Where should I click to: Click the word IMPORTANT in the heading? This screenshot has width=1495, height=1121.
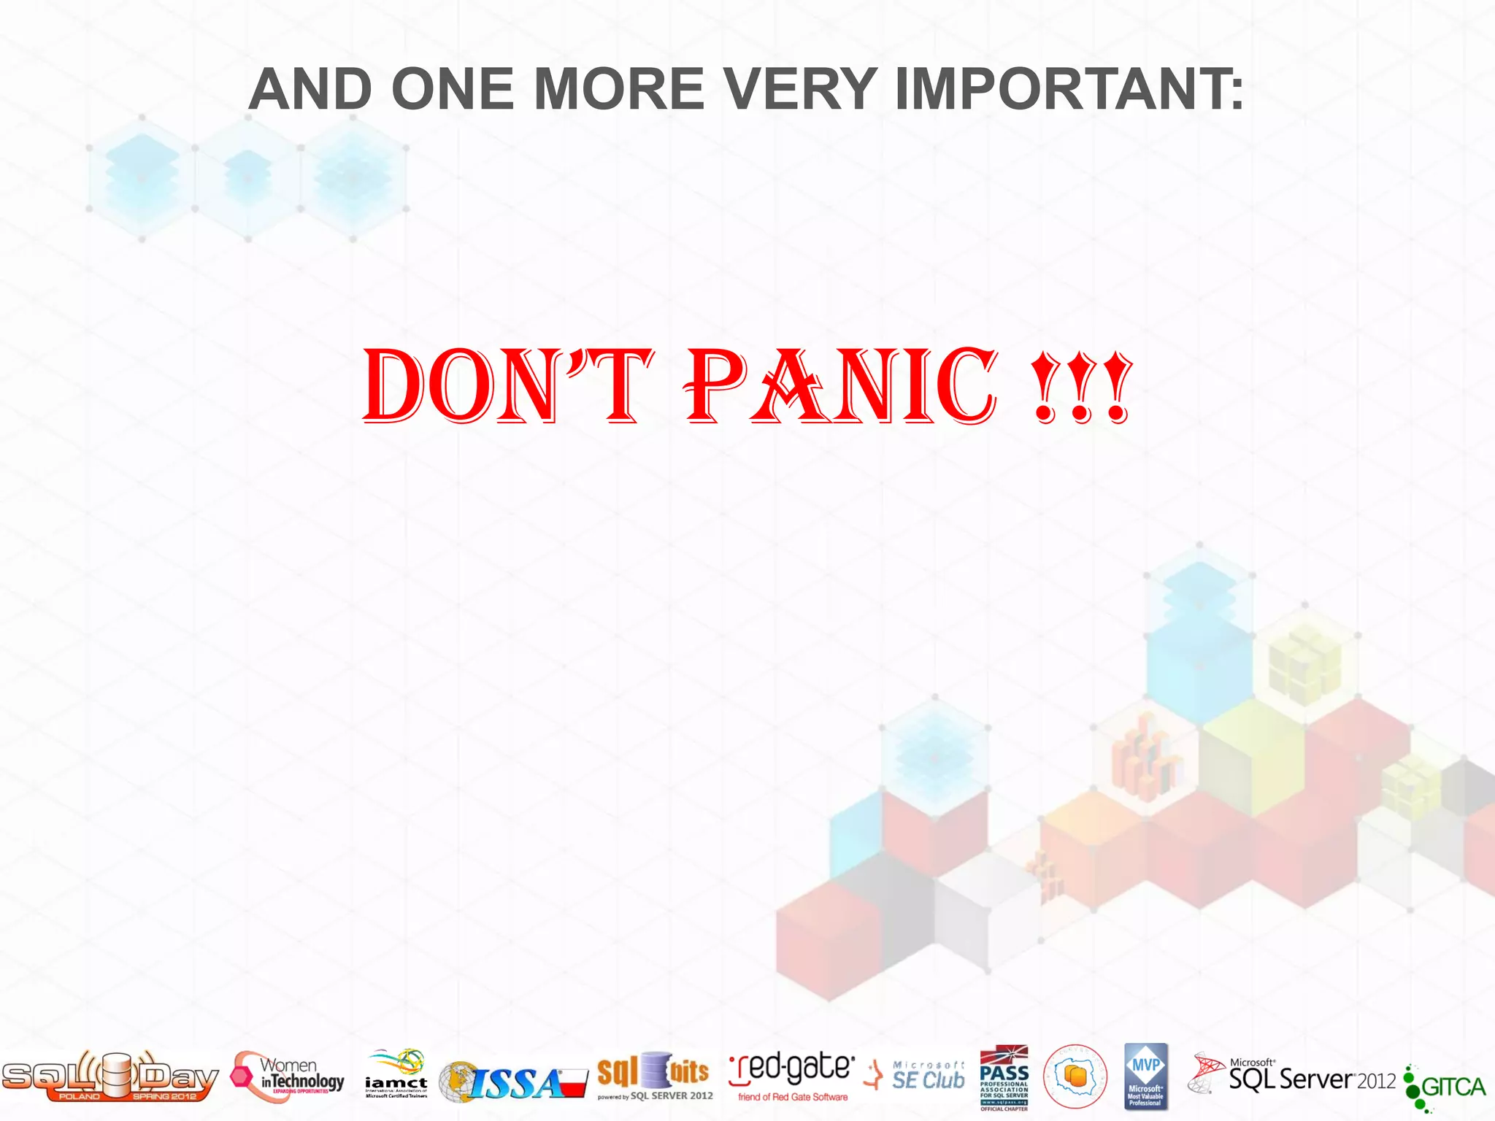point(1069,89)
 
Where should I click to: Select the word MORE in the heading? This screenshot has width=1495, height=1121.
point(619,89)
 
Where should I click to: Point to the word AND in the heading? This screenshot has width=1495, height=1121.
point(311,89)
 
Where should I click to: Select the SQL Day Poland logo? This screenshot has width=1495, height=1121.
point(109,1076)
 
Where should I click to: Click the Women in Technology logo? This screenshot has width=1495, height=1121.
point(288,1076)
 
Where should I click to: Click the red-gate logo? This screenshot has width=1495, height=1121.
point(792,1076)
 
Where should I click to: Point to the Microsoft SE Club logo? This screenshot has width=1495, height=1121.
point(915,1076)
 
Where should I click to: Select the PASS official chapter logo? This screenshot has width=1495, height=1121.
point(1004,1077)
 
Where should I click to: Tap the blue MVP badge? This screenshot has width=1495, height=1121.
point(1146,1076)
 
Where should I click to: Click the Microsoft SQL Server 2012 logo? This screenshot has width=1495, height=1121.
point(1292,1076)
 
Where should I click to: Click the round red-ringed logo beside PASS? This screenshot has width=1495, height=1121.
point(1075,1076)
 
